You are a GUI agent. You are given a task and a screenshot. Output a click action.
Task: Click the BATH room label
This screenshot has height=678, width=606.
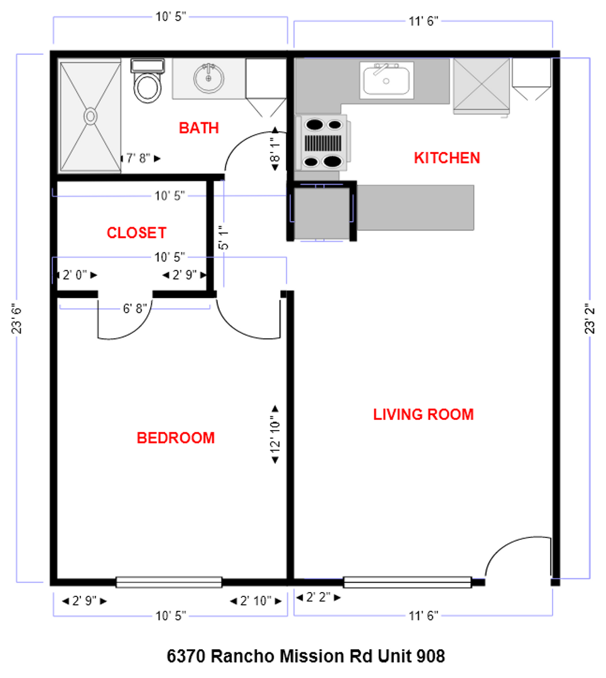click(x=198, y=128)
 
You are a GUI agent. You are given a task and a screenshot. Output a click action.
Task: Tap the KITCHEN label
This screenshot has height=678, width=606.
click(x=446, y=158)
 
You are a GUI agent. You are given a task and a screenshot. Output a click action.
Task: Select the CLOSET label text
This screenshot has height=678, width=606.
click(x=136, y=233)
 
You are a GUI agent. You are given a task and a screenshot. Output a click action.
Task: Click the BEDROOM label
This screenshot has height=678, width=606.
click(x=175, y=438)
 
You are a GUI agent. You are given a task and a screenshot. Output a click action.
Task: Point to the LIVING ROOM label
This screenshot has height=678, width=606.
click(x=423, y=414)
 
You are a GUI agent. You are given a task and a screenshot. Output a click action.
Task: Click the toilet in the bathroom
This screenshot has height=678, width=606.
click(x=147, y=85)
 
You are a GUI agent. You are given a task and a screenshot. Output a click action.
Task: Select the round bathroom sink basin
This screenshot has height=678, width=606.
click(x=209, y=78)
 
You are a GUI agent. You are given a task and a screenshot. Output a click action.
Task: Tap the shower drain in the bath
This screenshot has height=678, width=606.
click(x=90, y=116)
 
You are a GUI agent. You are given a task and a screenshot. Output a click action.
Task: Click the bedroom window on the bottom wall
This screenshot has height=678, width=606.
click(x=169, y=582)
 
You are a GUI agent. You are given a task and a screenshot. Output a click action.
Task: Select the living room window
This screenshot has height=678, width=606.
click(x=407, y=582)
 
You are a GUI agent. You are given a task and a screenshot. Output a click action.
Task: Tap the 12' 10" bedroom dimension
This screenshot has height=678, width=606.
click(x=274, y=433)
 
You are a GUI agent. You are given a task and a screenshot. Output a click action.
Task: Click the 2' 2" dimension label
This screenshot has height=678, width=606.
click(x=318, y=598)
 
